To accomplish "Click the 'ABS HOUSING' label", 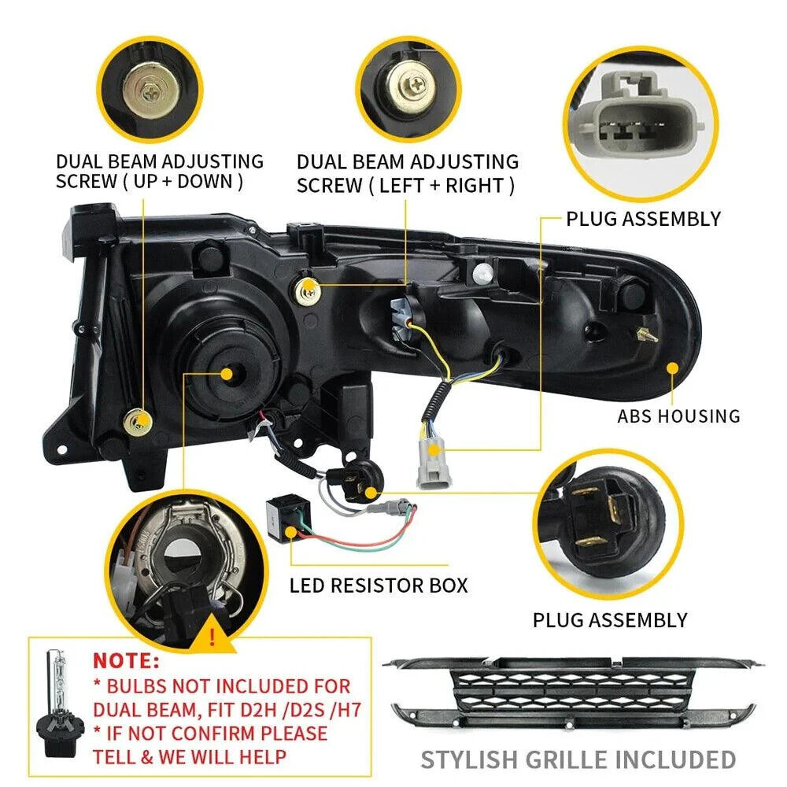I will pyautogui.click(x=678, y=416).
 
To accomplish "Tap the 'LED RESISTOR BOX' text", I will pyautogui.click(x=379, y=586).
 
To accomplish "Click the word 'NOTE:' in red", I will pyautogui.click(x=126, y=660).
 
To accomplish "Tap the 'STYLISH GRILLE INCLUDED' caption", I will pyautogui.click(x=578, y=759).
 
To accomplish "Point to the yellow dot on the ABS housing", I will pyautogui.click(x=672, y=367).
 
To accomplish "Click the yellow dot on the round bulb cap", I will pyautogui.click(x=227, y=373).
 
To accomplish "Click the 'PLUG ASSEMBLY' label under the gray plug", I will pyautogui.click(x=643, y=218).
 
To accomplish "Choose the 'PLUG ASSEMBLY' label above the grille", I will pyautogui.click(x=610, y=620).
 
